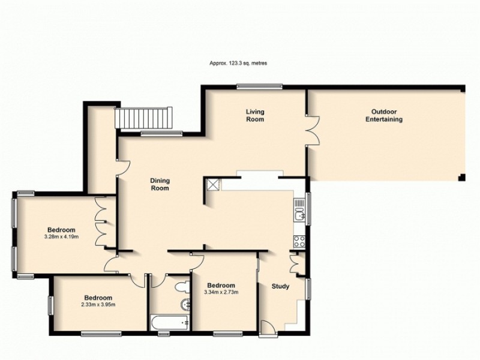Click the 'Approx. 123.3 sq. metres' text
(239, 62)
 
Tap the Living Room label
(255, 115)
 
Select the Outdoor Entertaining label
(384, 115)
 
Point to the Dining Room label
(160, 184)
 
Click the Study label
(280, 286)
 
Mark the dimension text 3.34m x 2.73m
(221, 292)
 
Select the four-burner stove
(299, 241)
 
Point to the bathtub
(170, 322)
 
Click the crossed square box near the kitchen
(213, 184)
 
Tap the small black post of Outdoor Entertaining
(461, 178)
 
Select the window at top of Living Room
(259, 86)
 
